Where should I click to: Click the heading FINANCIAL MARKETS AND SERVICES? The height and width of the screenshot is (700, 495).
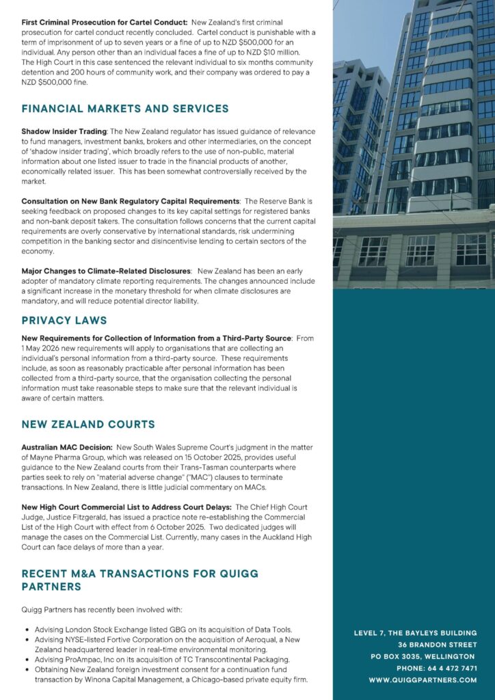[125, 109]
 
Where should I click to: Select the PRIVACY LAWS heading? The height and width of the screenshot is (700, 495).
[64, 320]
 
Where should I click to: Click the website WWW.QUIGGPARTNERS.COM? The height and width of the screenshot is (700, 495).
[423, 680]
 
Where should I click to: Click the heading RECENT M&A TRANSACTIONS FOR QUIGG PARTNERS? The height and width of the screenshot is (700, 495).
[139, 580]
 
